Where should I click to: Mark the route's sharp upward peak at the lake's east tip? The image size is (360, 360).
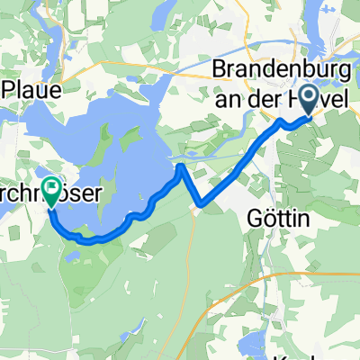[x=183, y=166]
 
